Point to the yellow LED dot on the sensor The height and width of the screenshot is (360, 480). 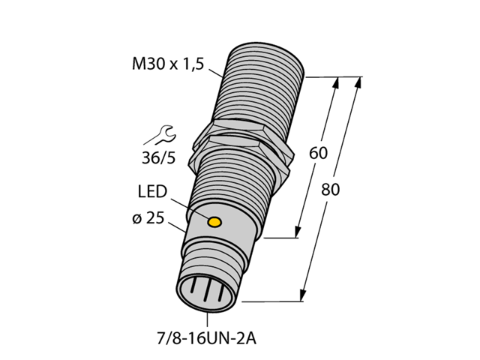(214, 222)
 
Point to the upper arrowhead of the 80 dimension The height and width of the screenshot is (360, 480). (358, 82)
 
